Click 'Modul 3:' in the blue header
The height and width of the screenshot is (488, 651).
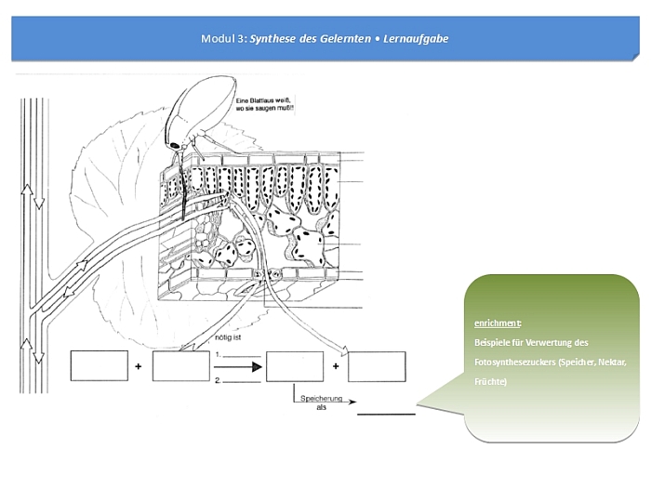(223, 39)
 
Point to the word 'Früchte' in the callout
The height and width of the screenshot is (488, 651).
(490, 381)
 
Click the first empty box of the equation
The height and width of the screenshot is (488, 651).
(99, 366)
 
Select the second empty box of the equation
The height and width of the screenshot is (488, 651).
(180, 366)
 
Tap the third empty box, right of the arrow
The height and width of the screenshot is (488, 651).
(295, 366)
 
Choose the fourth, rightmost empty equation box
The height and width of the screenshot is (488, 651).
(377, 366)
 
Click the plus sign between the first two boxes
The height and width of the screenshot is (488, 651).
(139, 367)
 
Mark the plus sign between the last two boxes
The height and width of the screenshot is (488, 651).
(336, 367)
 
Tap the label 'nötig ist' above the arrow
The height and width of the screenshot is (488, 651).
(228, 338)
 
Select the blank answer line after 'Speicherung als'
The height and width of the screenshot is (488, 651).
(386, 413)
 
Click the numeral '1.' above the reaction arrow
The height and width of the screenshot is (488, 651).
(217, 354)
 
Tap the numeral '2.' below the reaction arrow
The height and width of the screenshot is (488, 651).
(217, 380)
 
